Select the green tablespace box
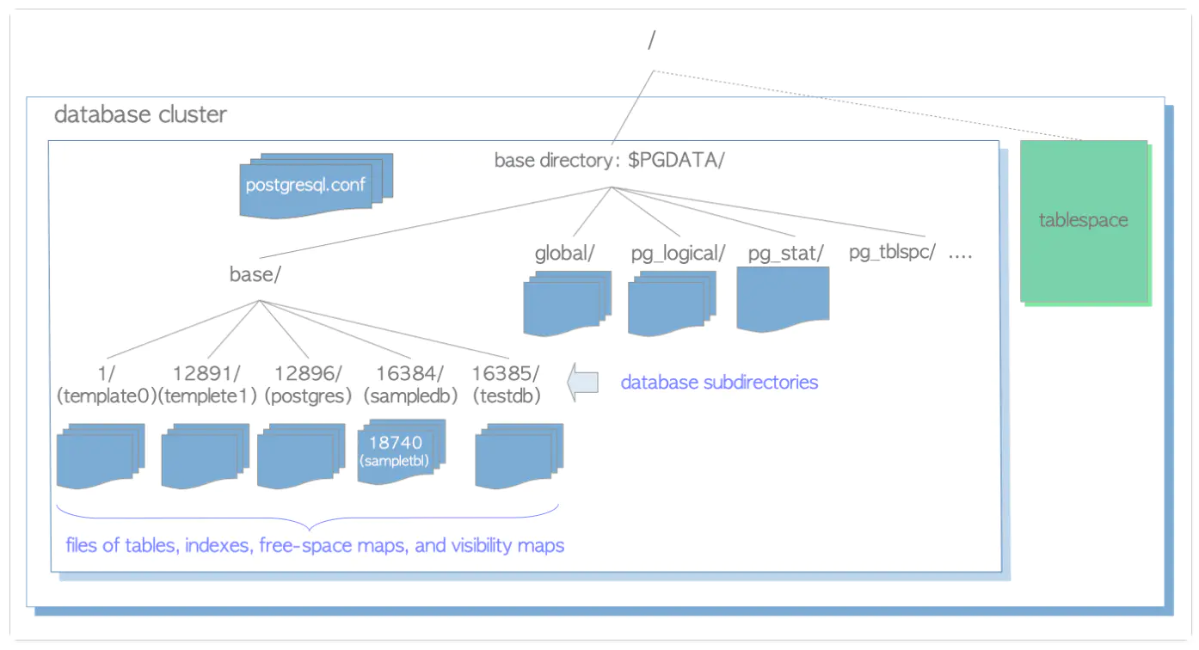[x=1084, y=221]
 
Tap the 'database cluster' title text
[x=140, y=114]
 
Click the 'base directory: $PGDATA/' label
[x=609, y=161]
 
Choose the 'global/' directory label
[x=566, y=253]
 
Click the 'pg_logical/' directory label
[x=678, y=253]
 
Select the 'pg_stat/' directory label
[x=786, y=253]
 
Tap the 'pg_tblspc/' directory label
[x=892, y=253]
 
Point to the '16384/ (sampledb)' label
[x=410, y=384]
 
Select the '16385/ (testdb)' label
[x=507, y=384]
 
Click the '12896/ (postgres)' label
[x=309, y=384]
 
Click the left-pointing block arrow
[x=585, y=382]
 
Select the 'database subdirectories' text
[x=719, y=382]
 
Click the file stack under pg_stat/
[x=783, y=298]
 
